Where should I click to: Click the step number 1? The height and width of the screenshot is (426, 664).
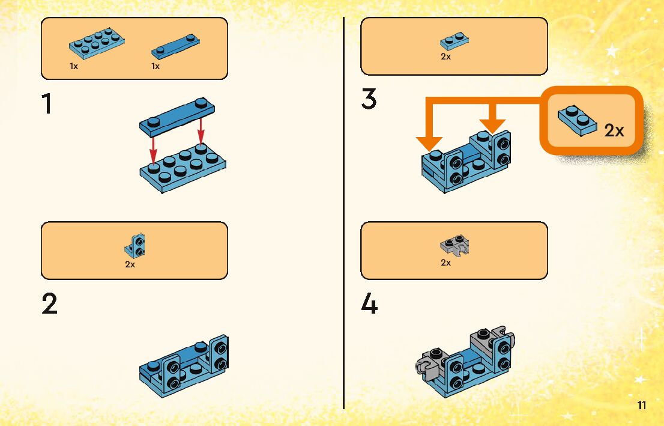click(x=46, y=105)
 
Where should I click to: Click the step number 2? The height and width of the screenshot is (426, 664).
click(x=50, y=305)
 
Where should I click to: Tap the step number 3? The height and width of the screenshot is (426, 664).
click(x=369, y=99)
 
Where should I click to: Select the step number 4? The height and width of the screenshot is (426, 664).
click(x=369, y=305)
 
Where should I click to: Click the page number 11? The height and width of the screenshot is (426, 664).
click(x=642, y=406)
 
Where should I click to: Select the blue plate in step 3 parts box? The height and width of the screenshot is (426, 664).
click(x=454, y=41)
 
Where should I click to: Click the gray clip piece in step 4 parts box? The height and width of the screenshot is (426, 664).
click(x=454, y=246)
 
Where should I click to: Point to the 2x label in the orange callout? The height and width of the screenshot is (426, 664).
click(x=614, y=130)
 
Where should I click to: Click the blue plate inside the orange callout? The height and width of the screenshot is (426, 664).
click(x=577, y=121)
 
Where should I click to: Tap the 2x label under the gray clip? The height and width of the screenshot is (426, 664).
click(x=445, y=263)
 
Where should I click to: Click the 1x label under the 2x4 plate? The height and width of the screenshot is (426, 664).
click(x=74, y=66)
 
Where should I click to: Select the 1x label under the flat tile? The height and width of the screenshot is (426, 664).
click(x=155, y=66)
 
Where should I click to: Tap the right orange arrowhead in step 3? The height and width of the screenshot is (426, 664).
click(x=492, y=124)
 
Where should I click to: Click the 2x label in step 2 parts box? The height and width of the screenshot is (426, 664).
click(x=130, y=264)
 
